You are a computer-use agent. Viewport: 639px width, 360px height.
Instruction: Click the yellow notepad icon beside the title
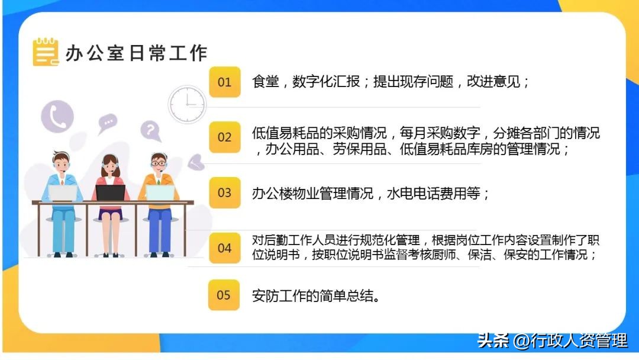pyautogui.click(x=46, y=52)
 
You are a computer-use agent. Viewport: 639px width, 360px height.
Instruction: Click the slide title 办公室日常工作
pyautogui.click(x=136, y=53)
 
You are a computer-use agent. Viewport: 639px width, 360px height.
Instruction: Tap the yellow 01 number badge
pyautogui.click(x=224, y=82)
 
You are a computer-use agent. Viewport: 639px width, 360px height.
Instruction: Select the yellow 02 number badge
pyautogui.click(x=224, y=137)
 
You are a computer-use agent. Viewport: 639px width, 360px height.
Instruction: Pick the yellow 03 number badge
pyautogui.click(x=224, y=192)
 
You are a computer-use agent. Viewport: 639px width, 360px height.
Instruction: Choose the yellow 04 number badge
pyautogui.click(x=224, y=248)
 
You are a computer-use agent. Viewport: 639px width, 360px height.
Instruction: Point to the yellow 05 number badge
pyautogui.click(x=224, y=295)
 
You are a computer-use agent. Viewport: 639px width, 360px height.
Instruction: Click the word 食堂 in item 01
pyautogui.click(x=265, y=82)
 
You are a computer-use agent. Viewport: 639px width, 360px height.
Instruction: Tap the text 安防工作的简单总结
pyautogui.click(x=315, y=295)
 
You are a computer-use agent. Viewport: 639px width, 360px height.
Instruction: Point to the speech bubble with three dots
pyautogui.click(x=107, y=123)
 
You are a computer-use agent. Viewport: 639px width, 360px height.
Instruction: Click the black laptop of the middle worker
pyautogui.click(x=111, y=193)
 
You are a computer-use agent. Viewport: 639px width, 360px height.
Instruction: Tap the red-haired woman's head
pyautogui.click(x=110, y=163)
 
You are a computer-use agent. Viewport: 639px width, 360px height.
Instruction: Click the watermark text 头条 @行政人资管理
pyautogui.click(x=551, y=340)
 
